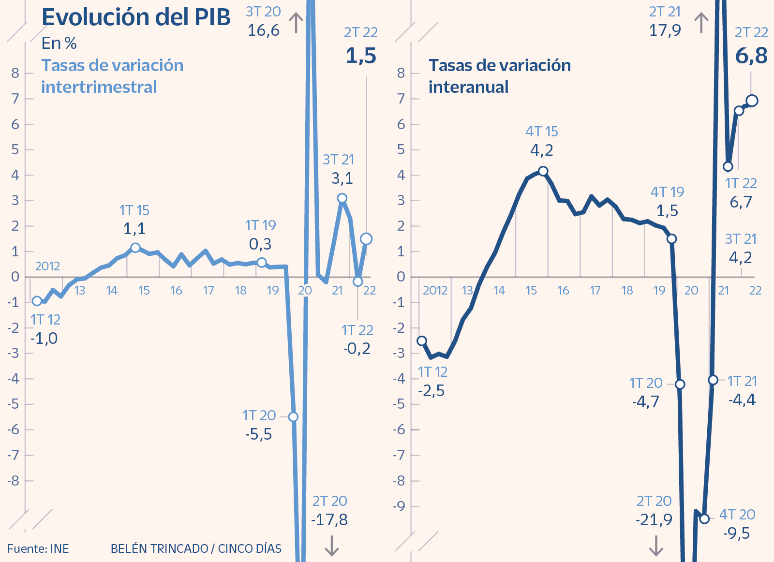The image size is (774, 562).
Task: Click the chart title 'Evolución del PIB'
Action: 136,17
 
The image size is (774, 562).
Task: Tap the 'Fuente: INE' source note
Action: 38,548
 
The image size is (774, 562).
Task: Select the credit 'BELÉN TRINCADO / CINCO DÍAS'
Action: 196,548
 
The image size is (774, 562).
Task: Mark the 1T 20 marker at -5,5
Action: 293,417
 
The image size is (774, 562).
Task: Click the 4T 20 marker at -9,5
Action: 704,518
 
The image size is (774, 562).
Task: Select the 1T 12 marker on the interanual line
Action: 422,341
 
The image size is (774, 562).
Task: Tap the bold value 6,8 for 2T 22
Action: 751,56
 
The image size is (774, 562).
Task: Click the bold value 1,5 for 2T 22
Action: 361,56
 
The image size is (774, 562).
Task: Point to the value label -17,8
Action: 329,520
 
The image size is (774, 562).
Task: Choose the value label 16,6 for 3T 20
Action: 263,30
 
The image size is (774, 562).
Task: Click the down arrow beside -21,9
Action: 656,546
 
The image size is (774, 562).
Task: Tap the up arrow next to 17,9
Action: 701,23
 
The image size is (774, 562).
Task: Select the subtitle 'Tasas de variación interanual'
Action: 499,76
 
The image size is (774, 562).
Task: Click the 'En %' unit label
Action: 59,44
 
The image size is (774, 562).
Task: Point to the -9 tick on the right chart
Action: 399,506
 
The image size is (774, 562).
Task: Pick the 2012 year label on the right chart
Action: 435,290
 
